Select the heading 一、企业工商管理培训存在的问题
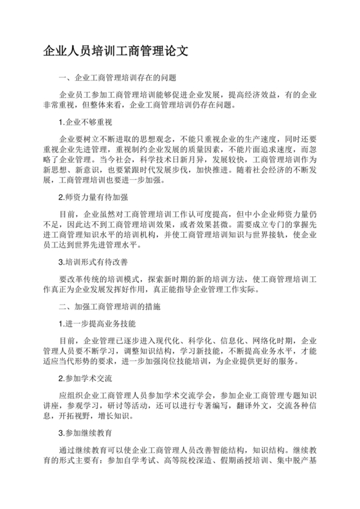[116, 78]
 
